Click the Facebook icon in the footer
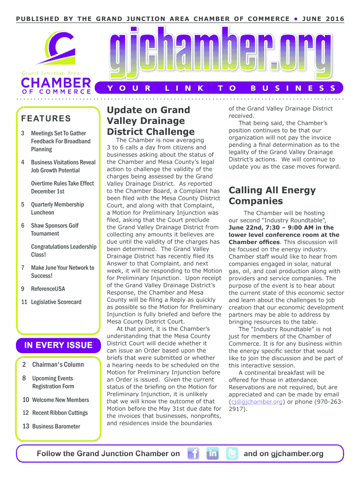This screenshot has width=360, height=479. tap(194, 453)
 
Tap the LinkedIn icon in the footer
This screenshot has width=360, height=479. tap(213, 453)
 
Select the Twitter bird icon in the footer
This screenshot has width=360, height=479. tap(232, 453)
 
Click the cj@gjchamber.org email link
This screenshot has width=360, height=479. tap(256, 401)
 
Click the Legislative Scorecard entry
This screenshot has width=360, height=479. tap(56, 302)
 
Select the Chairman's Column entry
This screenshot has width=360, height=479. tap(58, 364)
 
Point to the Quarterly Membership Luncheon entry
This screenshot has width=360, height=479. tap(57, 208)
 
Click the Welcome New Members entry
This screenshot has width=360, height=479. tap(60, 399)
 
